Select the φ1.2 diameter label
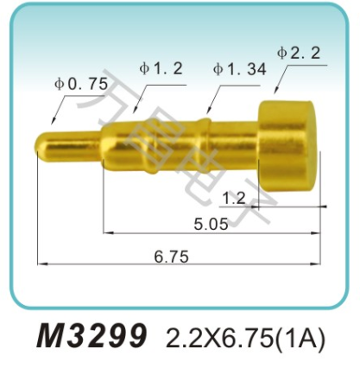[x=160, y=68]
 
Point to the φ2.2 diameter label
[x=300, y=52]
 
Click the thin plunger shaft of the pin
[x=73, y=138]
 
